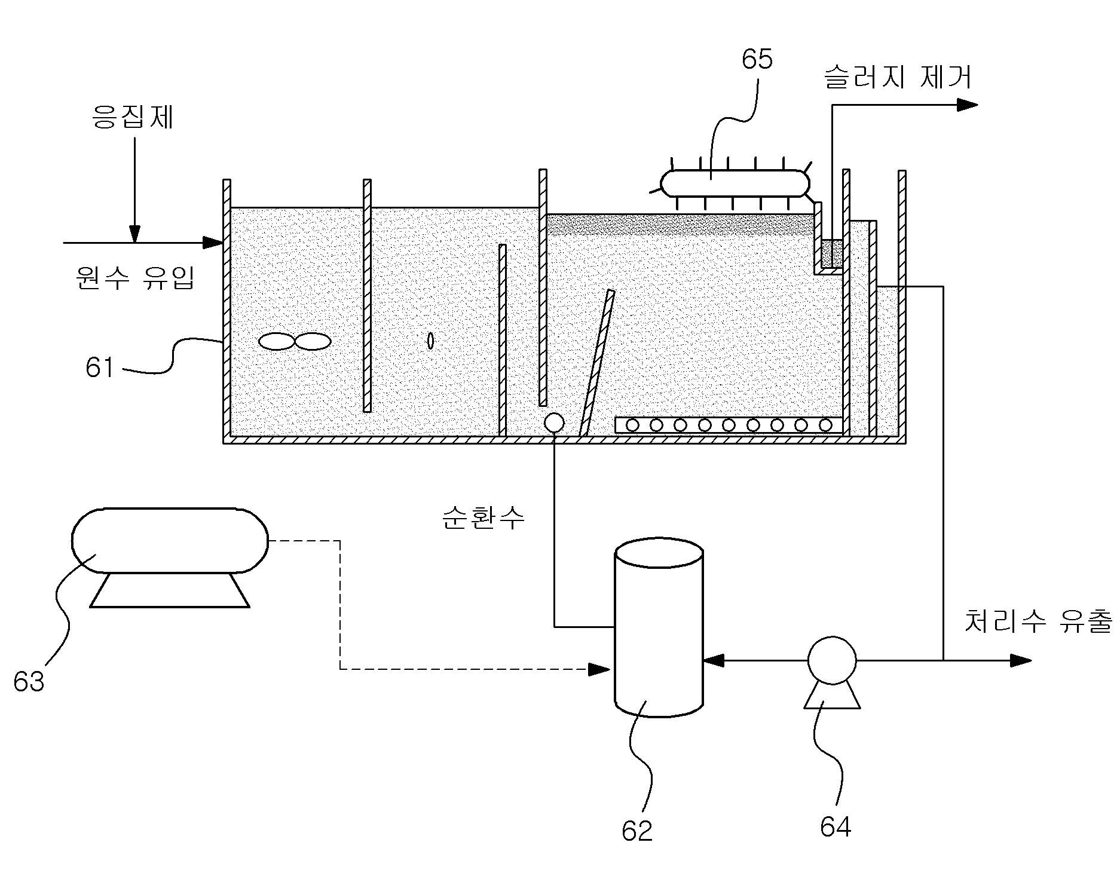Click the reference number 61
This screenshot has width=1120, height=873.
(x=99, y=367)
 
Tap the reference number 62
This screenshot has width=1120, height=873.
(x=637, y=831)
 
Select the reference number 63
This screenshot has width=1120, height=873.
(x=29, y=681)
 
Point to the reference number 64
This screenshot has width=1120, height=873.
(x=835, y=827)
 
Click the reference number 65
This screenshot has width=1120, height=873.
(x=757, y=59)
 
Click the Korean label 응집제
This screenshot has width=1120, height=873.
(x=133, y=117)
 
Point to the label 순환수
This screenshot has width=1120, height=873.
(x=483, y=517)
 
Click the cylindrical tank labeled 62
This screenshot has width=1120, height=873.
(x=659, y=627)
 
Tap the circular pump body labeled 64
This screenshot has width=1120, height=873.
(x=831, y=660)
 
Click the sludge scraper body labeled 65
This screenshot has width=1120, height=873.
(x=735, y=183)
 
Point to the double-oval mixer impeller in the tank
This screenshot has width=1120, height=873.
(x=295, y=341)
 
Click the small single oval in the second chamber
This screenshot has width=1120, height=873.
(x=430, y=341)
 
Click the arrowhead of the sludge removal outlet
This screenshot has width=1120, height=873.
(x=968, y=105)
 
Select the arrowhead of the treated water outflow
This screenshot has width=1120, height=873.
(x=1021, y=660)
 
